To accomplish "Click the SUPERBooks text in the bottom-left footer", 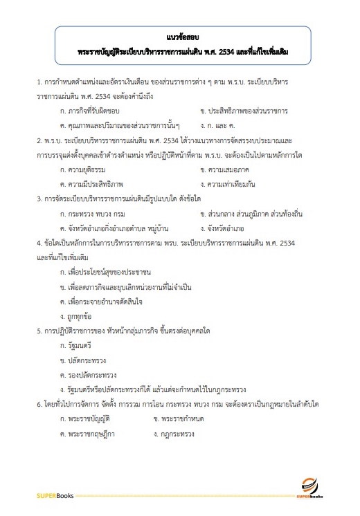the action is [55, 496].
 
